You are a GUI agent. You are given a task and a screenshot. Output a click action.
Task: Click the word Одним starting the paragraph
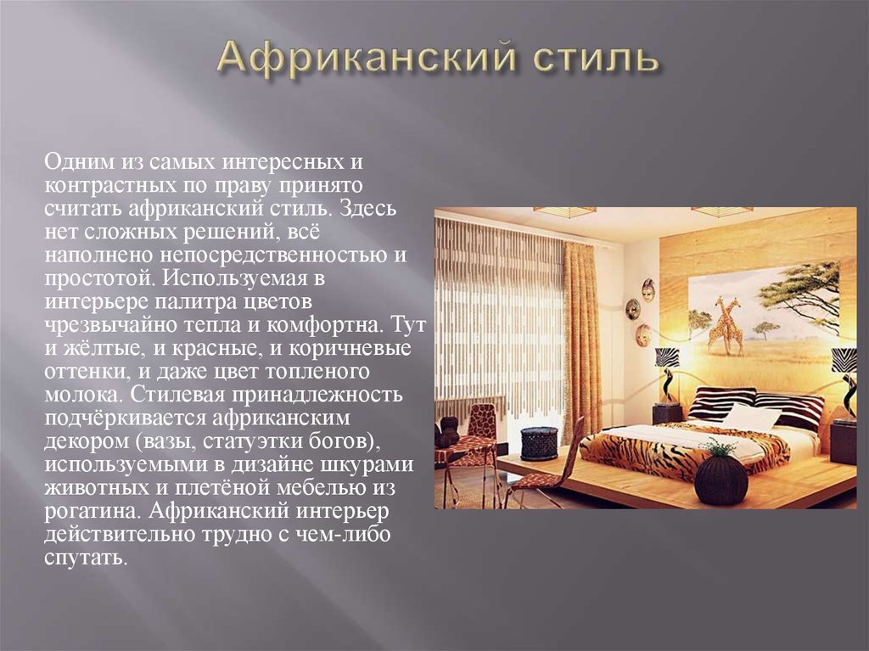coord(78,162)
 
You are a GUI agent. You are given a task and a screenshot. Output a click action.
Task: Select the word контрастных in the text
coord(107,185)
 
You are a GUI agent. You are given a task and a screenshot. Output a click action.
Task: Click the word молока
coord(83,396)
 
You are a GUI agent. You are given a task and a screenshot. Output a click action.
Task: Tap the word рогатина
coord(91,512)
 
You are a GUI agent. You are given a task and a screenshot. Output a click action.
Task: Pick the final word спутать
coord(86,558)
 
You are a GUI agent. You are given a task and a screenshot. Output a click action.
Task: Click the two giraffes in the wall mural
coord(727,326)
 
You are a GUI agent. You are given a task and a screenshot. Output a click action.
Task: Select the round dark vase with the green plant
coord(720,478)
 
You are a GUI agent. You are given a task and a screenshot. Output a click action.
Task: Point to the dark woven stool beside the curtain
coord(539,443)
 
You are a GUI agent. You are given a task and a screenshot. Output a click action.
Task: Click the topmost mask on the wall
coord(648,289)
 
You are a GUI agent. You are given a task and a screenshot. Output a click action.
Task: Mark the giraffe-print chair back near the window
coord(483,420)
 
